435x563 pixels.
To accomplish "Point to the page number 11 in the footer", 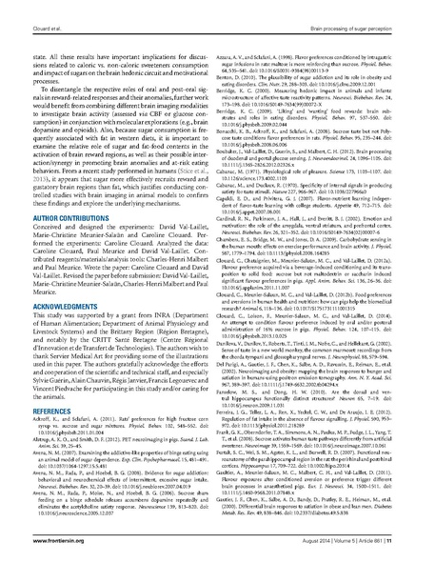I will (x=400, y=546).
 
